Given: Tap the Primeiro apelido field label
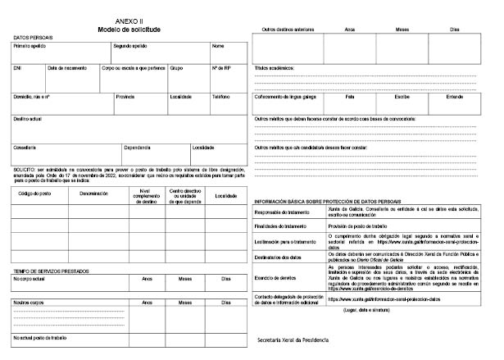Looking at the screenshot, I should [x=29, y=46].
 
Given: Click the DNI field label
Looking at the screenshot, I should [x=17, y=68].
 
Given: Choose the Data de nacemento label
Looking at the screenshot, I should [x=67, y=68].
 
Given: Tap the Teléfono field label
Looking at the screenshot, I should [x=220, y=97].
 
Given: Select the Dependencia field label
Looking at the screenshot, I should [x=137, y=148].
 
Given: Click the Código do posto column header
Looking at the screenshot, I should [x=34, y=195].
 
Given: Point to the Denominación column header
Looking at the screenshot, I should [x=94, y=195].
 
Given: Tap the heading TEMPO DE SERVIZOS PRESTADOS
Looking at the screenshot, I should [x=51, y=271].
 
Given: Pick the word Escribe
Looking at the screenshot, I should [x=402, y=97].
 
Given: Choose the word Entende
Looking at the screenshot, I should [x=455, y=97].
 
